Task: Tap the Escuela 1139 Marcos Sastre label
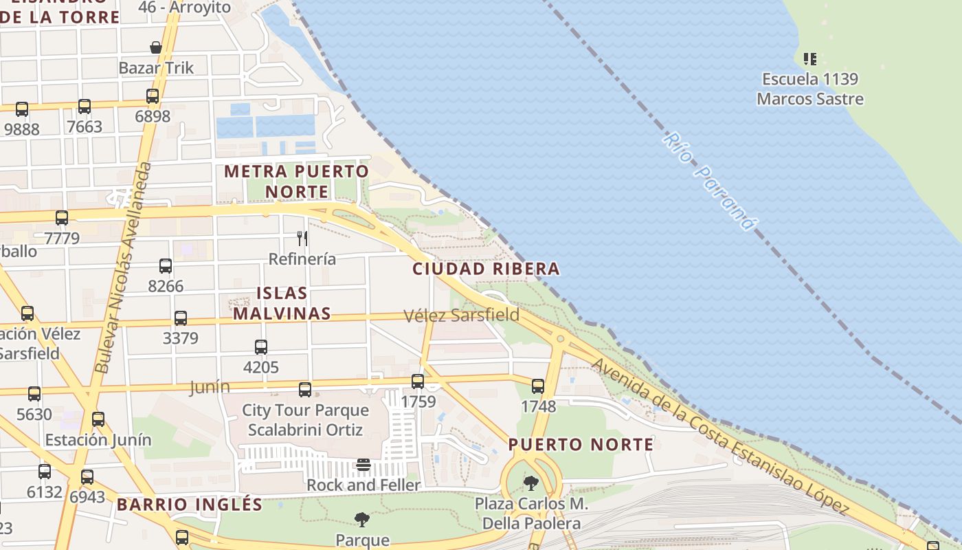click(x=809, y=89)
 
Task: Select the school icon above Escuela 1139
click(x=810, y=59)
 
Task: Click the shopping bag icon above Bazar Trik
click(x=156, y=47)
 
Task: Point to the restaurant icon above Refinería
click(x=302, y=239)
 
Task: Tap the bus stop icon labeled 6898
click(x=153, y=96)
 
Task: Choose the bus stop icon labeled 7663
click(x=85, y=107)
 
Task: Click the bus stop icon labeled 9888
click(x=22, y=109)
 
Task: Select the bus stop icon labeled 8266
click(x=166, y=266)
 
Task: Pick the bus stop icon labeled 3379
click(x=181, y=318)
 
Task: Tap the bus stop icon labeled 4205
click(x=261, y=347)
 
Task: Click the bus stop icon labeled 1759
click(x=418, y=382)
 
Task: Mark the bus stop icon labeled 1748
click(x=538, y=386)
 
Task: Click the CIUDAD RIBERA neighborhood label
click(x=486, y=269)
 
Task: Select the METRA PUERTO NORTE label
click(x=297, y=181)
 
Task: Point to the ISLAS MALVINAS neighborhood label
click(x=282, y=303)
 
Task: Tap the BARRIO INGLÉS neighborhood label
click(x=189, y=505)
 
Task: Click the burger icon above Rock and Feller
click(x=363, y=465)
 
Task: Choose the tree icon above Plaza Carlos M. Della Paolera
click(x=530, y=483)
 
